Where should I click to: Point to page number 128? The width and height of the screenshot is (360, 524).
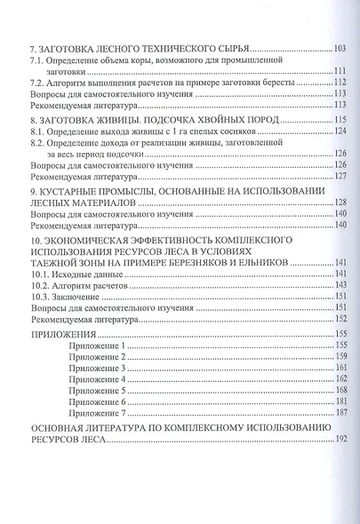pos(339,202)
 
